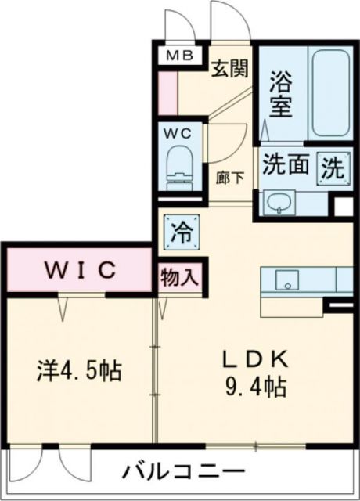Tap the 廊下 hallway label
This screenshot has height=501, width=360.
pos(230,177)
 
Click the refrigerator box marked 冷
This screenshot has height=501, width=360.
pos(179,232)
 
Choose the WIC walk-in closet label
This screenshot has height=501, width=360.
pos(80,270)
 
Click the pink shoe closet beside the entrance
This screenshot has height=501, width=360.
pos(167,93)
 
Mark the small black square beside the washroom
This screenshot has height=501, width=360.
pos(342,207)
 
